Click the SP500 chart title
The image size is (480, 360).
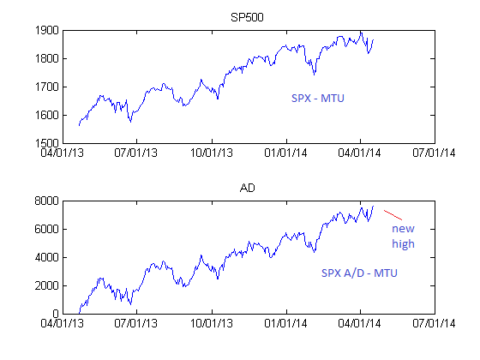pos(247,17)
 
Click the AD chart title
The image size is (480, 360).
pos(248,188)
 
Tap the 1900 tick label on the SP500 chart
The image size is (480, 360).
pos(47,30)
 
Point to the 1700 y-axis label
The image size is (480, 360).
pos(47,87)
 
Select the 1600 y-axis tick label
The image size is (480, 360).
pos(47,116)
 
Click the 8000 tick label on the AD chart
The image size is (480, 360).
pos(46,201)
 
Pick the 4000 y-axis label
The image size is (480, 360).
pos(46,257)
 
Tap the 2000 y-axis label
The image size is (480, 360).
pos(46,285)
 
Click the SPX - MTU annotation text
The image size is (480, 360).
pos(318,99)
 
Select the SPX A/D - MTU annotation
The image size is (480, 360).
pos(359,273)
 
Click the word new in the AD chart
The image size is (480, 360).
pos(403,228)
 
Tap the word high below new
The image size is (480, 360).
pos(403,243)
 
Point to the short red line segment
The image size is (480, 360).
pos(393,215)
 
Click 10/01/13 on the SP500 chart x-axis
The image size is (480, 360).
pos(212,153)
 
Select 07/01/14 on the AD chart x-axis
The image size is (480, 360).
pos(434,323)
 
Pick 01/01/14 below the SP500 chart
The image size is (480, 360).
pos(285,153)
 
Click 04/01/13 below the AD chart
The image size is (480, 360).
pos(62,323)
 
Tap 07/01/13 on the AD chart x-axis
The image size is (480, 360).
pos(136,323)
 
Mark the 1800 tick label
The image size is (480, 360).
pos(47,58)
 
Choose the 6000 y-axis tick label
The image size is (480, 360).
pos(46,229)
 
